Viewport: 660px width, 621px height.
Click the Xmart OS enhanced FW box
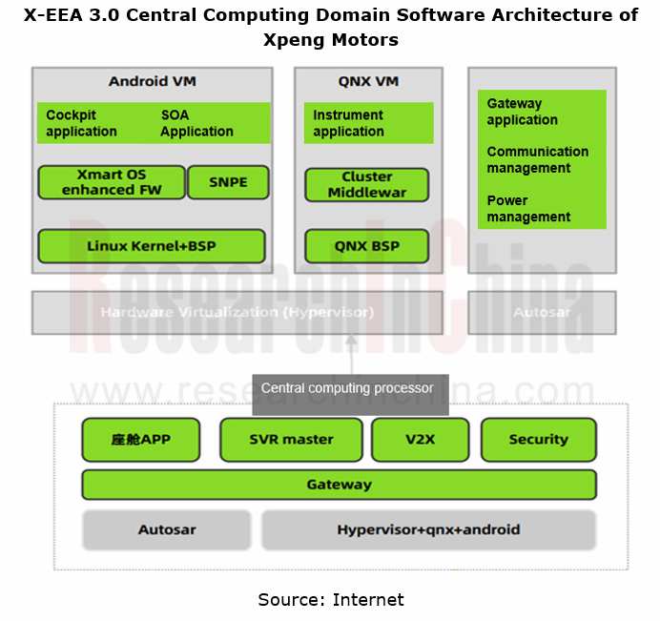click(x=112, y=182)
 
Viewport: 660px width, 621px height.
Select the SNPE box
click(x=228, y=182)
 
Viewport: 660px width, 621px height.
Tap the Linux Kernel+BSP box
click(x=152, y=246)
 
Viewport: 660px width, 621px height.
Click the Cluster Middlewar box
click(x=367, y=184)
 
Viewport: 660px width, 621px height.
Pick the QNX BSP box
click(x=367, y=246)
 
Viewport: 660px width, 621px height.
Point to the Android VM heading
click(x=152, y=81)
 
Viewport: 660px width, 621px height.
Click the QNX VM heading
click(x=367, y=81)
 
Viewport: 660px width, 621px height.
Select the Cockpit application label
click(x=81, y=123)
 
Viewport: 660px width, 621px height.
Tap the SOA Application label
click(x=196, y=123)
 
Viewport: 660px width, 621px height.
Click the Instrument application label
click(x=348, y=123)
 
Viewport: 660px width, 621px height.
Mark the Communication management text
click(x=537, y=159)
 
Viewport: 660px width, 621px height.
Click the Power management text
click(x=528, y=209)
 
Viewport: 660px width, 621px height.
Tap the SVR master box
click(x=291, y=440)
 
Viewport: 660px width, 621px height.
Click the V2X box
click(x=420, y=440)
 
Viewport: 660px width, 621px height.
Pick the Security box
click(x=538, y=440)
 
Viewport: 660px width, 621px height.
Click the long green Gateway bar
click(x=339, y=485)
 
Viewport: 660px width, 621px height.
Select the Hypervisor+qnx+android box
click(x=428, y=529)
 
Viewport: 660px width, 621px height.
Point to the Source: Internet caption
click(x=331, y=600)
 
